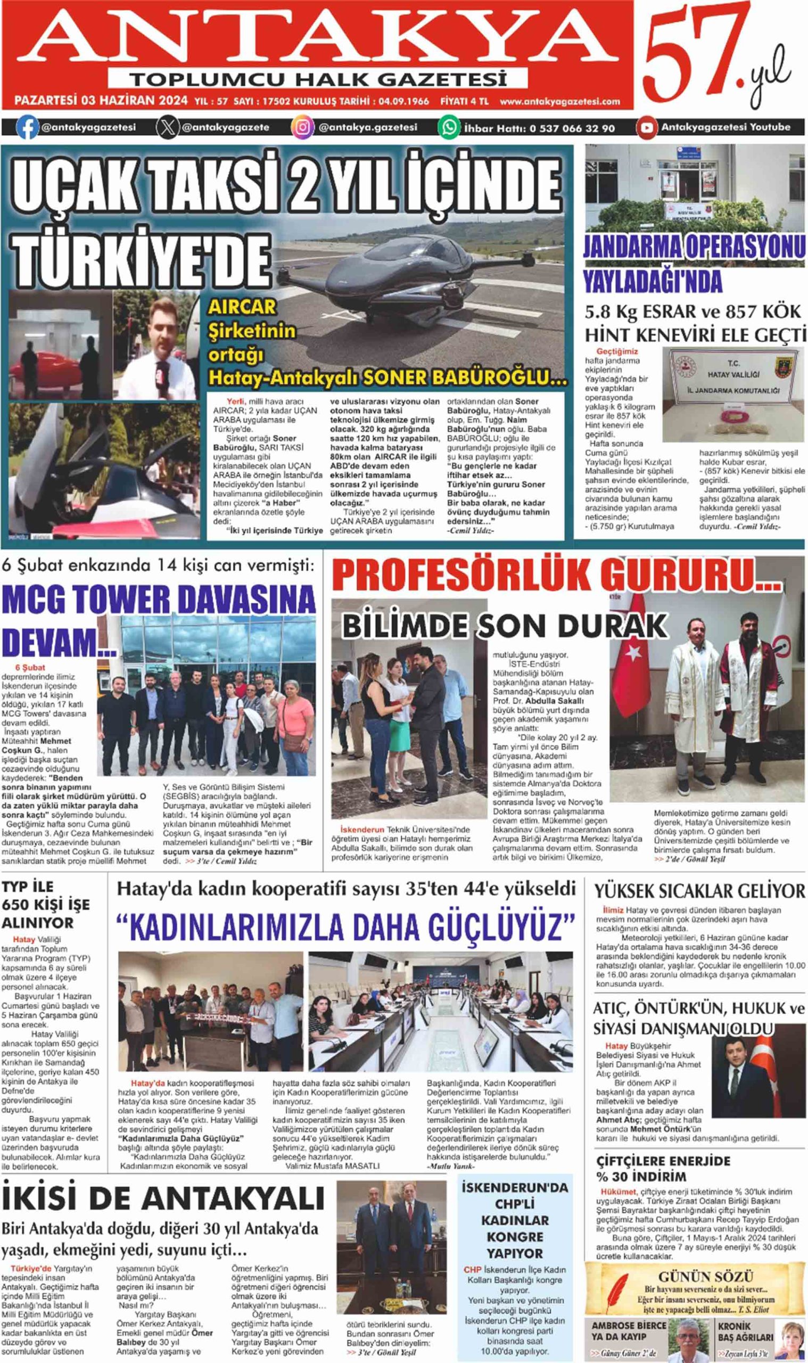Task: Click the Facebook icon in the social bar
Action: click(x=28, y=127)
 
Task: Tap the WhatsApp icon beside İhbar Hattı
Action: click(x=450, y=127)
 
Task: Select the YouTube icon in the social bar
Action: click(x=647, y=127)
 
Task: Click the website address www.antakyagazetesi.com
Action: click(x=560, y=101)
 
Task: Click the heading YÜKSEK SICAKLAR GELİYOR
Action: click(x=699, y=891)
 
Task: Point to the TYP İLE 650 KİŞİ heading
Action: click(x=46, y=905)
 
